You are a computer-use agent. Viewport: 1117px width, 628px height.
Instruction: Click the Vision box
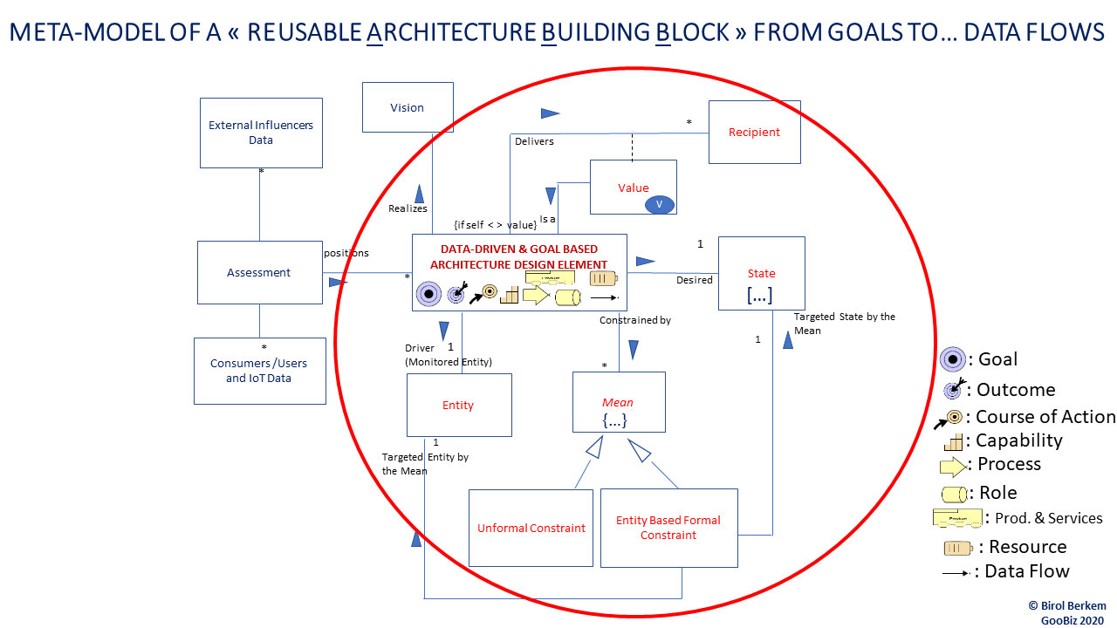point(408,108)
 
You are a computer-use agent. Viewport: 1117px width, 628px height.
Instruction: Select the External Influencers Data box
point(261,133)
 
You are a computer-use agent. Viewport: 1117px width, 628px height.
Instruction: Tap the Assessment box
point(259,273)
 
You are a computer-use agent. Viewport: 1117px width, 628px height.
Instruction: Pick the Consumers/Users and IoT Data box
point(259,371)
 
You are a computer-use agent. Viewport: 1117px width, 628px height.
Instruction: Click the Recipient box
point(754,133)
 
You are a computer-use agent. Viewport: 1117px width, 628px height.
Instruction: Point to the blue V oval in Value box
point(660,204)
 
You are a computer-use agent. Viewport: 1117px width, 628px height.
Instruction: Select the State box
point(761,273)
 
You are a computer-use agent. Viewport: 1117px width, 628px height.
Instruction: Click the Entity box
point(459,405)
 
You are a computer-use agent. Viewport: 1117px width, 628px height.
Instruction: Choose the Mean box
point(618,402)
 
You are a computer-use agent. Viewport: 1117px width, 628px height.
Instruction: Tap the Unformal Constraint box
point(531,528)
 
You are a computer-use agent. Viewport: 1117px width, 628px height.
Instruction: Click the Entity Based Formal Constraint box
point(668,528)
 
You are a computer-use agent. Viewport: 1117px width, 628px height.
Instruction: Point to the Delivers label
point(534,141)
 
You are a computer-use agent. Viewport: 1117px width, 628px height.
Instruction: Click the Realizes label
point(408,208)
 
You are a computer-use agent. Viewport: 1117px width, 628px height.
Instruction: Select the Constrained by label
point(634,320)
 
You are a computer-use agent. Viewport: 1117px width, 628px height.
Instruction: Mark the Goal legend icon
point(952,359)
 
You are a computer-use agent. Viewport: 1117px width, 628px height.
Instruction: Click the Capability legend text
point(1018,440)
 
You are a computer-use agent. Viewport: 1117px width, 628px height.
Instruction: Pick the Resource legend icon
point(957,548)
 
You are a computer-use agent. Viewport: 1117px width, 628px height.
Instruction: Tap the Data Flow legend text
point(1026,572)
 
